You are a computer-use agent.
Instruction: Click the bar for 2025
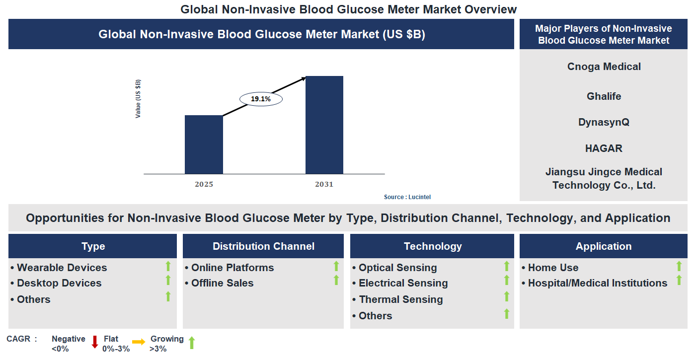[204, 144]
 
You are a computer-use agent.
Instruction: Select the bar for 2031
[324, 125]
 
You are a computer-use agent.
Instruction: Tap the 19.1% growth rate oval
[261, 99]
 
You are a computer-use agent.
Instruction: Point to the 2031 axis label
[324, 184]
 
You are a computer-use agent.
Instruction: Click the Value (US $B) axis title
[138, 98]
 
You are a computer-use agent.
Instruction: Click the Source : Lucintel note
[407, 197]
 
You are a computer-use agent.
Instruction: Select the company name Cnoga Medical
[604, 67]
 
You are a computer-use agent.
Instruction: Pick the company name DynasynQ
[604, 122]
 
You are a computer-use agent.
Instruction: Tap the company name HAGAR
[604, 148]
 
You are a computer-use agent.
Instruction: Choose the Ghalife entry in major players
[604, 96]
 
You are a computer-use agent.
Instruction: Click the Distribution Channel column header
[263, 246]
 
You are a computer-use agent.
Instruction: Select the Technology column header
[432, 246]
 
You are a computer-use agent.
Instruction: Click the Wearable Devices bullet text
[62, 268]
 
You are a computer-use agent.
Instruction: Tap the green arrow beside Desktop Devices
[168, 281]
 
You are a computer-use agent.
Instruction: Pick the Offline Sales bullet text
[222, 283]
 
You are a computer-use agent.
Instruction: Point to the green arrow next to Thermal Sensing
[507, 296]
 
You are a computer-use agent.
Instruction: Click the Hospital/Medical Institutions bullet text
[597, 283]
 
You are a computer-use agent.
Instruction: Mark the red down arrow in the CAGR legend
[95, 342]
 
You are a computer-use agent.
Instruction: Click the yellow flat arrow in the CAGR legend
[139, 342]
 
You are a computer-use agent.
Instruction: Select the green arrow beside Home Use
[679, 266]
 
